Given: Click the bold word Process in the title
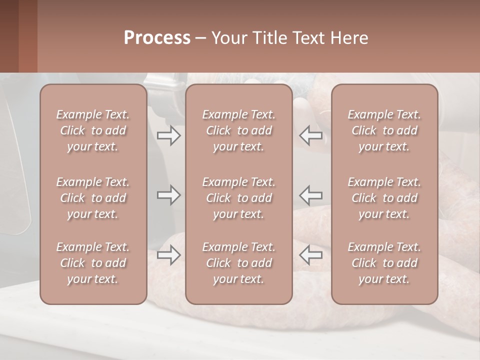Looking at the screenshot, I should [x=157, y=38].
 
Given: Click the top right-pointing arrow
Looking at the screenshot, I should [x=168, y=135].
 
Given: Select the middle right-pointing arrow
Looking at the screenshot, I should [x=168, y=195].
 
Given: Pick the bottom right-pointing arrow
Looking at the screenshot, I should [x=168, y=255].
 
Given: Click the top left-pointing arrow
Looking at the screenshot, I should [x=311, y=135].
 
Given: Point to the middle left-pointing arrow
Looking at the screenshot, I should [x=311, y=195].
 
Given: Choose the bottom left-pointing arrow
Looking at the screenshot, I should [x=311, y=255].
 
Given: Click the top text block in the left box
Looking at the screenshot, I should [x=93, y=130].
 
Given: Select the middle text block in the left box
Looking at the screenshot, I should [x=93, y=198].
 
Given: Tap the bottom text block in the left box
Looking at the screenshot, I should [x=93, y=263].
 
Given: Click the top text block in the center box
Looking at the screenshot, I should [x=238, y=130].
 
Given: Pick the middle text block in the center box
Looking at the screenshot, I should [x=238, y=198].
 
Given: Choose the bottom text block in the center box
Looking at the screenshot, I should [x=238, y=263].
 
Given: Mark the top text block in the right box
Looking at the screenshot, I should [x=384, y=130].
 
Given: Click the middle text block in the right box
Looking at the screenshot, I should [x=384, y=198].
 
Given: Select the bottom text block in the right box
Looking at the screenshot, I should [x=384, y=263].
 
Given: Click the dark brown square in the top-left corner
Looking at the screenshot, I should [x=9, y=36].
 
